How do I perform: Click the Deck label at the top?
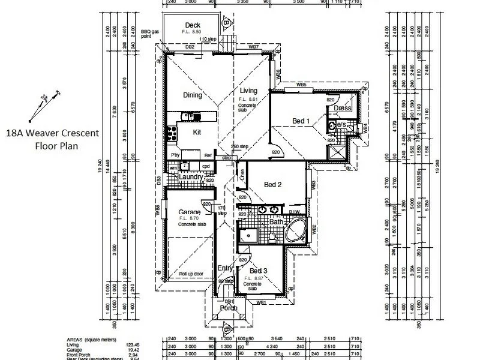[x=192, y=25]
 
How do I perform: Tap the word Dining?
[x=192, y=95]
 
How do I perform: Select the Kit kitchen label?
[x=197, y=133]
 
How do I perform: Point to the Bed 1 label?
[x=301, y=121]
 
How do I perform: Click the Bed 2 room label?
[x=273, y=185]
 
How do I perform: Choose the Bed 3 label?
[x=258, y=270]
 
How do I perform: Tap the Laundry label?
[x=191, y=177]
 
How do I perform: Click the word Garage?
[x=189, y=212]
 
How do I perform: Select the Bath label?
[x=276, y=222]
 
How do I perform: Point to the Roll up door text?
[x=192, y=273]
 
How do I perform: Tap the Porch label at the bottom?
[x=229, y=308]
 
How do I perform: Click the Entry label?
[x=225, y=268]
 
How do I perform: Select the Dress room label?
[x=343, y=108]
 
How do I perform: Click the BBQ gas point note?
[x=149, y=34]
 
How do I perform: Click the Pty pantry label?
[x=176, y=154]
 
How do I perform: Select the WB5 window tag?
[x=301, y=85]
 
